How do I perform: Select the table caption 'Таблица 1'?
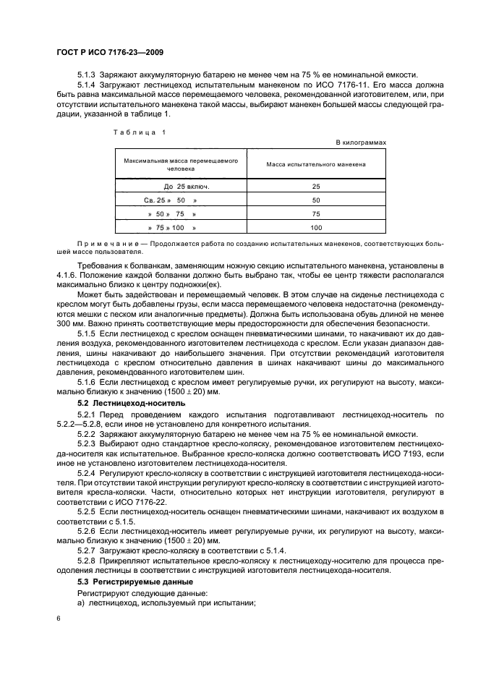pyautogui.click(x=141, y=132)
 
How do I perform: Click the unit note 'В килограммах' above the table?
pyautogui.click(x=361, y=142)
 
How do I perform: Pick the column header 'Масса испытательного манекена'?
pyautogui.click(x=315, y=164)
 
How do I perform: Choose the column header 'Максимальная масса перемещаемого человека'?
pyautogui.click(x=181, y=164)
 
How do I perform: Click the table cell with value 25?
pyautogui.click(x=315, y=187)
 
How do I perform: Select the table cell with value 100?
pyautogui.click(x=315, y=228)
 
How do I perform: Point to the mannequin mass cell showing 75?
pyautogui.click(x=315, y=214)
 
